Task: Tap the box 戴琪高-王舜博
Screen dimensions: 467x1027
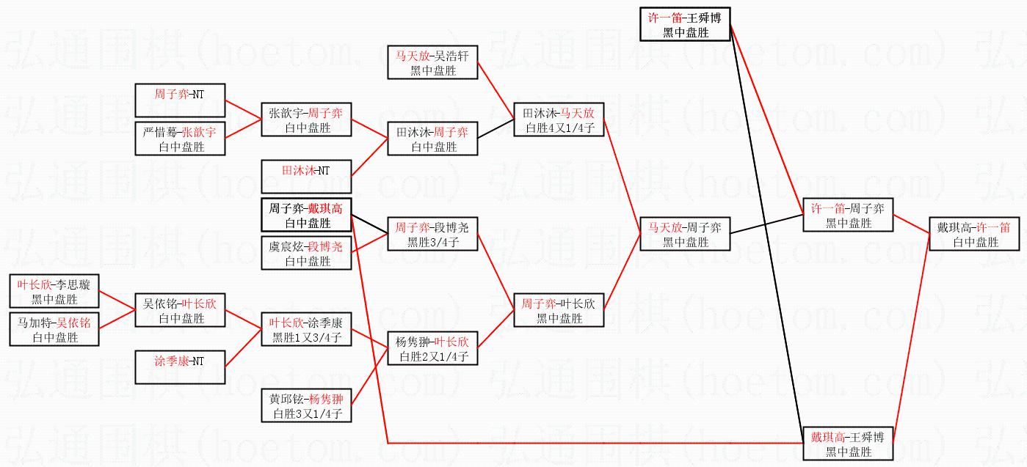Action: pyautogui.click(x=848, y=444)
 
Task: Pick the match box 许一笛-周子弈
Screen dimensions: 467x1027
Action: pyautogui.click(x=848, y=215)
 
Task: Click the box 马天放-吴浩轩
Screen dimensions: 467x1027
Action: pyautogui.click(x=432, y=62)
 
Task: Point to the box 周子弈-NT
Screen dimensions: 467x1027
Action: pyautogui.click(x=180, y=100)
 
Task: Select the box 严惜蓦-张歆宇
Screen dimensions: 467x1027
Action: pyautogui.click(x=180, y=139)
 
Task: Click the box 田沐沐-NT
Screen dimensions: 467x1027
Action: pyautogui.click(x=306, y=177)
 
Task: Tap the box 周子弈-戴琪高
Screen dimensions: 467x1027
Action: pyautogui.click(x=306, y=215)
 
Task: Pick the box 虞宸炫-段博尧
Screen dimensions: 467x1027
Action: pyautogui.click(x=306, y=253)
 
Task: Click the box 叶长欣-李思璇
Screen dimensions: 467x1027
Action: pyautogui.click(x=54, y=291)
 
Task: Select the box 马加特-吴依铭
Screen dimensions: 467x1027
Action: pyautogui.click(x=54, y=329)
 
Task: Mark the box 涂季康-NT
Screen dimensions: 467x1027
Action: pyautogui.click(x=180, y=367)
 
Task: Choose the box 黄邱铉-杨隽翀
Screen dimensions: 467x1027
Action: pyautogui.click(x=306, y=405)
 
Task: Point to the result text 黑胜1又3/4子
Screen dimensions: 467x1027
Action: pyautogui.click(x=306, y=338)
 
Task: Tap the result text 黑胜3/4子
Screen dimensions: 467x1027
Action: pyautogui.click(x=432, y=243)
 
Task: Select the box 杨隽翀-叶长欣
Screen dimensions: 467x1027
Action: pyautogui.click(x=432, y=348)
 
